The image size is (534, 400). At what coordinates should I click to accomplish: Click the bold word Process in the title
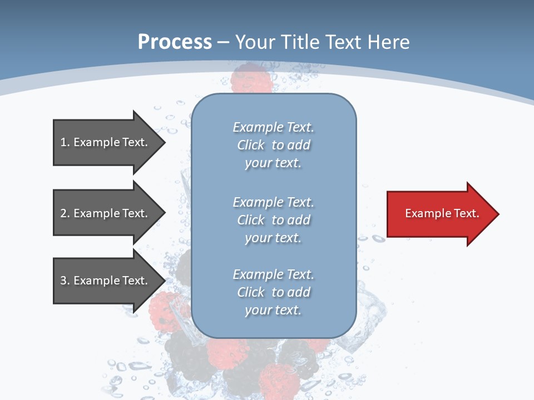pyautogui.click(x=174, y=42)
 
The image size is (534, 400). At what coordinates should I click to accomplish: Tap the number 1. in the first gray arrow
pyautogui.click(x=65, y=142)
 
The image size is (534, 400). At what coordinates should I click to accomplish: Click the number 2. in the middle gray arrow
pyautogui.click(x=65, y=213)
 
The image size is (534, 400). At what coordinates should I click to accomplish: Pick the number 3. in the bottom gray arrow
pyautogui.click(x=65, y=281)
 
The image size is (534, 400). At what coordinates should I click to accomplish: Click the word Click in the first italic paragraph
pyautogui.click(x=251, y=145)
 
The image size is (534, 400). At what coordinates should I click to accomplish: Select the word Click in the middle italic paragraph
pyautogui.click(x=251, y=220)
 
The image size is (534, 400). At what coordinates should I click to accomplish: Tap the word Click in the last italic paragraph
pyautogui.click(x=251, y=292)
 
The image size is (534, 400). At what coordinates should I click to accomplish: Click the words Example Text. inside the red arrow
pyautogui.click(x=442, y=213)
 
